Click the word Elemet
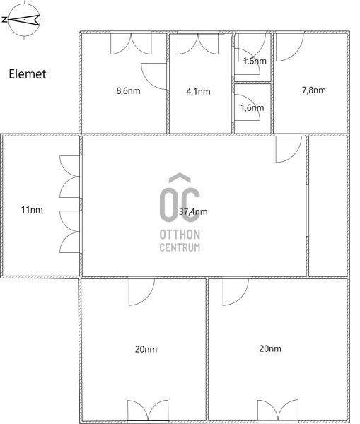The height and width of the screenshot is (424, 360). click(28, 74)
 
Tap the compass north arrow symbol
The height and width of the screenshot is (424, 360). click(24, 20)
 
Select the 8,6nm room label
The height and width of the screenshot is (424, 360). click(128, 91)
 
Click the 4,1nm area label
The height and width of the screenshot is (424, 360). click(198, 92)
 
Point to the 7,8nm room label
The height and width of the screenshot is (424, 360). click(314, 90)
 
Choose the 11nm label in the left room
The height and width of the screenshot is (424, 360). click(32, 210)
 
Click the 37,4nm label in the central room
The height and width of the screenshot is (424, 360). click(193, 211)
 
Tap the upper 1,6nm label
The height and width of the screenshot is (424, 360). click(255, 61)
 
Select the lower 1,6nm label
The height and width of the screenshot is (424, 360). click(252, 108)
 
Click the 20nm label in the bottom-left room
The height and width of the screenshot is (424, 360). click(146, 349)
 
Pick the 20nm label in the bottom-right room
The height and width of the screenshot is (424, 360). click(270, 349)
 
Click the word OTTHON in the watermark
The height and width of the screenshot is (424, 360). click(180, 235)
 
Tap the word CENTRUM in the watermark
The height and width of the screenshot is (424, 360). click(180, 247)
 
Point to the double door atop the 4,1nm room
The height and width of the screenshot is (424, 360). click(198, 44)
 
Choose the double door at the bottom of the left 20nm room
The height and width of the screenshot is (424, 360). click(148, 411)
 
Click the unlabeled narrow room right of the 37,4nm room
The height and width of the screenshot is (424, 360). click(327, 206)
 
